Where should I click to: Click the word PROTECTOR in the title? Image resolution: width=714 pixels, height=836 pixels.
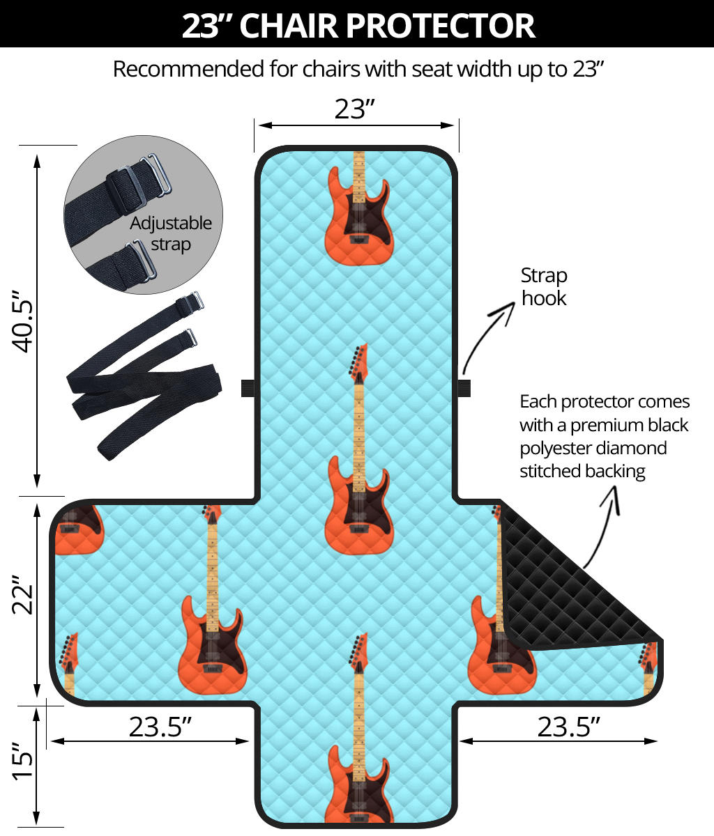coord(440,26)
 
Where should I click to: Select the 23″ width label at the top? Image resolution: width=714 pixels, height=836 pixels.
coord(355,109)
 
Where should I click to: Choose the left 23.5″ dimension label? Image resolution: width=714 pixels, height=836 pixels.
coord(160,727)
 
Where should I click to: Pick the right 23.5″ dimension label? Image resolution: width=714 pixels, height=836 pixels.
coord(568,727)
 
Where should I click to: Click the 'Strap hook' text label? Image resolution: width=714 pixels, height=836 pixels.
coord(544,286)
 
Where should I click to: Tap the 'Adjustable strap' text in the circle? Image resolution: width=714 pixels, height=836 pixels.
coord(171,233)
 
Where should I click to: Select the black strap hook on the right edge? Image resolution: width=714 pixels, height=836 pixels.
coord(464,387)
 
